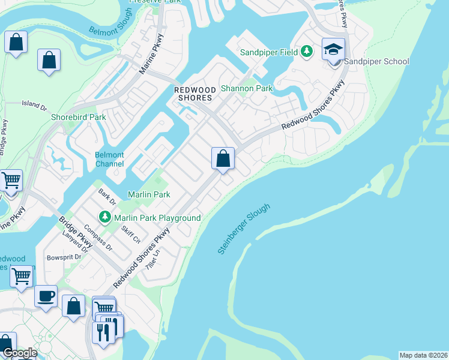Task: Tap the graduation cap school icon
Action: coord(333,49)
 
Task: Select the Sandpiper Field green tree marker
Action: coord(307,52)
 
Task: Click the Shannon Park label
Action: coord(247,88)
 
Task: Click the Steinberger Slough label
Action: coord(244,229)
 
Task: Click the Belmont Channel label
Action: coord(109,159)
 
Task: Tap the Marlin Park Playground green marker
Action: coord(106,216)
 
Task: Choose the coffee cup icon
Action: coord(46,296)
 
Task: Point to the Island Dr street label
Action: coord(34,104)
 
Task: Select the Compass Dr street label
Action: coord(98,237)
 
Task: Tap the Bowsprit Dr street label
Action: coord(64,257)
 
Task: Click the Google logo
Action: coord(19,353)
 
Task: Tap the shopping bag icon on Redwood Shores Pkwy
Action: coord(223,159)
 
